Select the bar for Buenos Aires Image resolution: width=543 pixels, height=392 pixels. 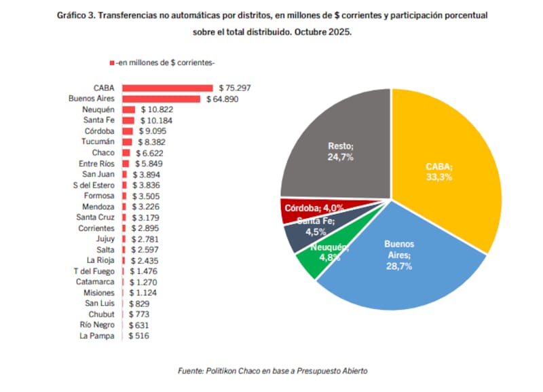click(161, 99)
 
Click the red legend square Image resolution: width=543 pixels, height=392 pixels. click(111, 63)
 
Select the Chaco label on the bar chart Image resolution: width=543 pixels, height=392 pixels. click(102, 153)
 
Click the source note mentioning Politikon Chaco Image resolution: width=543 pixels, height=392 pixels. click(273, 370)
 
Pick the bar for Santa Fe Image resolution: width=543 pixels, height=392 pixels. click(128, 120)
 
